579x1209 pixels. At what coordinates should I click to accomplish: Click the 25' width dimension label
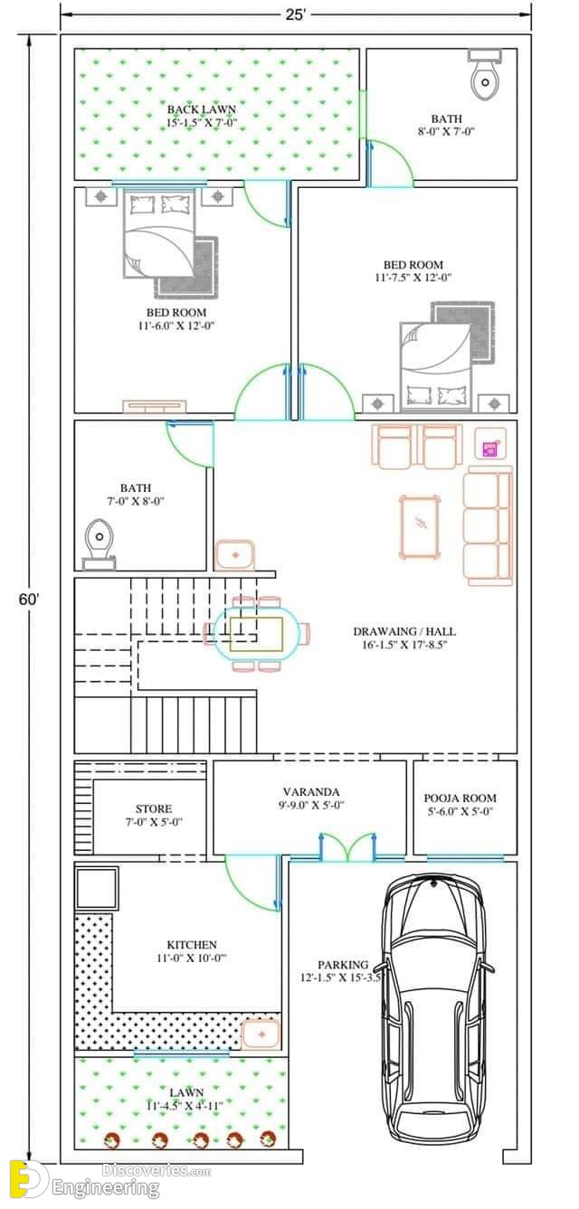(296, 15)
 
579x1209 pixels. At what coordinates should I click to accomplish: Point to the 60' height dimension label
(29, 600)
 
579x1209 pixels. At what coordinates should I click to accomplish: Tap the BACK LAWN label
(202, 109)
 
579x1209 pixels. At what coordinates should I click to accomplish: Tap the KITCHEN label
(192, 945)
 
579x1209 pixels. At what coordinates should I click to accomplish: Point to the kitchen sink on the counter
(261, 1034)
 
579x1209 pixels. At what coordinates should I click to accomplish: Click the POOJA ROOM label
(460, 798)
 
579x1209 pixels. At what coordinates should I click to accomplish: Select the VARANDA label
(311, 792)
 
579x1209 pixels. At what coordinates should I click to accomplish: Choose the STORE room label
(154, 808)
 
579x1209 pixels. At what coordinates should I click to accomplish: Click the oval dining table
(256, 634)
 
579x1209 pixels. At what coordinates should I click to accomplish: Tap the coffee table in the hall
(420, 527)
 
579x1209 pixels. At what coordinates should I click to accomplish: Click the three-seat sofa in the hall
(488, 527)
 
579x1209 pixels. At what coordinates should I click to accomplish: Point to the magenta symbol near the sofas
(489, 449)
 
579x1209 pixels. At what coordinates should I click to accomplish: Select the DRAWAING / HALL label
(404, 631)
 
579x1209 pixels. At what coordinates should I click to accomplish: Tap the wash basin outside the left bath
(235, 555)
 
